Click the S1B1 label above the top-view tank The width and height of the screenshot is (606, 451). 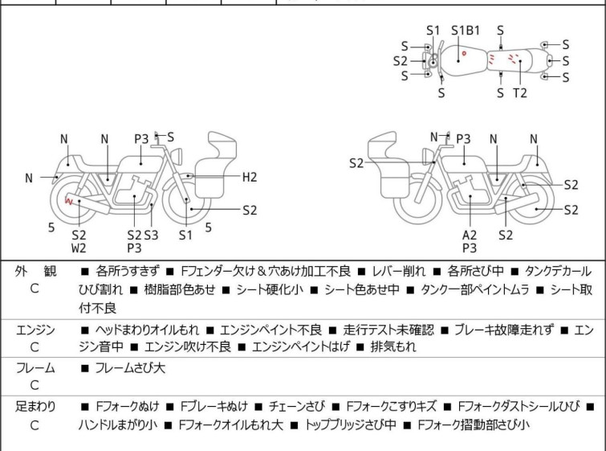466,31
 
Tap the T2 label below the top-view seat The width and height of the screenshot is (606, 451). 520,93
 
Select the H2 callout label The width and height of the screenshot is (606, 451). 250,177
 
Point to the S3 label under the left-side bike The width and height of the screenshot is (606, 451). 151,235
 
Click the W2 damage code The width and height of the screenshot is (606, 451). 79,248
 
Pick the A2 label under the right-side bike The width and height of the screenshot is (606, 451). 470,235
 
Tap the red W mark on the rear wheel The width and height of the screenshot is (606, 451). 69,200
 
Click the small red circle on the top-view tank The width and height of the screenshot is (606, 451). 464,53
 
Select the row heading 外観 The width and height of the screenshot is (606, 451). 35,271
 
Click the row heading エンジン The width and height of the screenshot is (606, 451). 35,330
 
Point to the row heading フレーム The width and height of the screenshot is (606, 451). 35,367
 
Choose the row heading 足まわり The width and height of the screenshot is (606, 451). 35,406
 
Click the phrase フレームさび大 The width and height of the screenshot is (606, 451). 130,367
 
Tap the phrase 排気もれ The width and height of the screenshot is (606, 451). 393,346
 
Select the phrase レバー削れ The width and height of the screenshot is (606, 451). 398,271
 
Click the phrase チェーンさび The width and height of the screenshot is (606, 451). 297,406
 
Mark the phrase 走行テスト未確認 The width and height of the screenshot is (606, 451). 388,330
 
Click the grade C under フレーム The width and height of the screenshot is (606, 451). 35,385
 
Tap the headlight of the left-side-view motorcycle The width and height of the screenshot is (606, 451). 177,157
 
